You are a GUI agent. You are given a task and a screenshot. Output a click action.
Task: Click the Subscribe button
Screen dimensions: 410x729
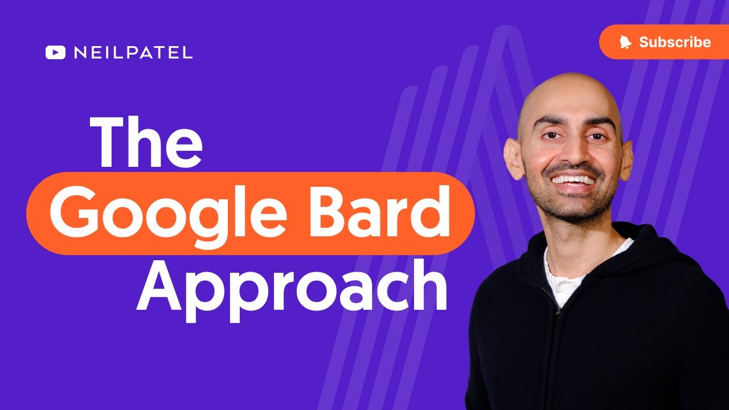point(664,42)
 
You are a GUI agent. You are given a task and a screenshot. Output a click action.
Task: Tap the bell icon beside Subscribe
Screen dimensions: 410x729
point(626,42)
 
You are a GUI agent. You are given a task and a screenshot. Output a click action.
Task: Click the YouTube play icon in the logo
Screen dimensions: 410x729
point(55,53)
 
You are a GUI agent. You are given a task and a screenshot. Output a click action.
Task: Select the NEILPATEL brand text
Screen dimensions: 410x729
point(133,53)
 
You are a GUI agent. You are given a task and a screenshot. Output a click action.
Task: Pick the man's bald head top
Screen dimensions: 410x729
point(570,91)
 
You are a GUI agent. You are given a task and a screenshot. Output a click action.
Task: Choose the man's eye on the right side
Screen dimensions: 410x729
point(595,137)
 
